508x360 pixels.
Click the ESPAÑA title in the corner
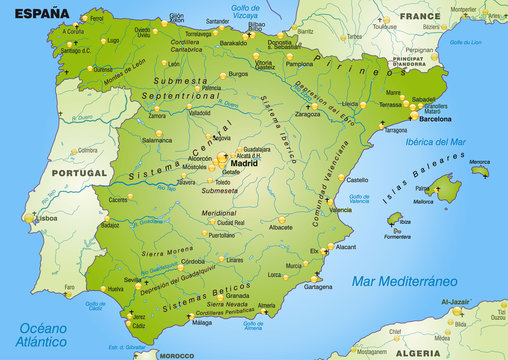pos(35,13)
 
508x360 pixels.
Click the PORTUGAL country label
pos(79,172)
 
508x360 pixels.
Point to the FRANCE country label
pos(420,17)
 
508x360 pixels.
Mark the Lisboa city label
pos(47,216)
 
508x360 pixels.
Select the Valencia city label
pos(341,210)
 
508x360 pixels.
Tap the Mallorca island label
pos(423,201)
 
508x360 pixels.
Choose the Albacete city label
pos(282,227)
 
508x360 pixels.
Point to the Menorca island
pos(481,170)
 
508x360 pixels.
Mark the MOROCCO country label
pos(177,354)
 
